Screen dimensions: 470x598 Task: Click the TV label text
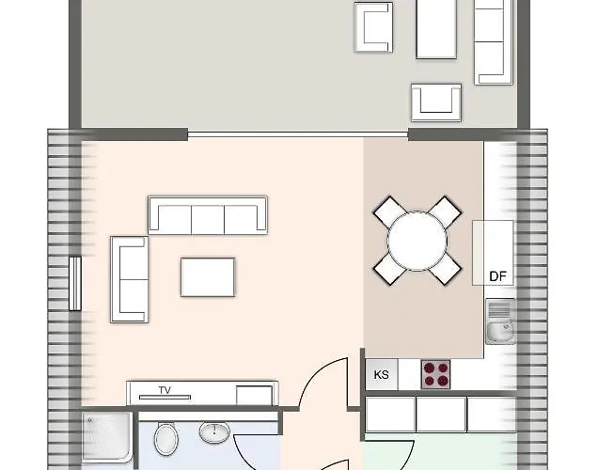coord(165,389)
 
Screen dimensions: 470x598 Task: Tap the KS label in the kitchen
coord(382,374)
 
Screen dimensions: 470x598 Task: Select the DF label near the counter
coord(498,276)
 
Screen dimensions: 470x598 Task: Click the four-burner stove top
coord(435,373)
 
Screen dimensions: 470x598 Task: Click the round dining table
coord(419,239)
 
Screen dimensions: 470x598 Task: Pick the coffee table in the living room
coord(208,276)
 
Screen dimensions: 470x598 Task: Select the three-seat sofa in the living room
coord(208,215)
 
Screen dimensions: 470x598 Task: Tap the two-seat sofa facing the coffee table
coord(129,278)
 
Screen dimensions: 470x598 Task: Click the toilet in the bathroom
coord(166,438)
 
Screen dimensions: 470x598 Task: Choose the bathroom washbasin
coord(215,433)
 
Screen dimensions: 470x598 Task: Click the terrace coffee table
coord(435,28)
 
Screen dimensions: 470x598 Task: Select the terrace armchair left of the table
coord(373,26)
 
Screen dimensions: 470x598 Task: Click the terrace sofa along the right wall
coord(494,42)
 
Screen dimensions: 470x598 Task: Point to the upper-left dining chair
coord(389,211)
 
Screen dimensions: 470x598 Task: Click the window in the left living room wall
coord(75,281)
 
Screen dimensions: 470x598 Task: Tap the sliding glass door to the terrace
coord(297,134)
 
